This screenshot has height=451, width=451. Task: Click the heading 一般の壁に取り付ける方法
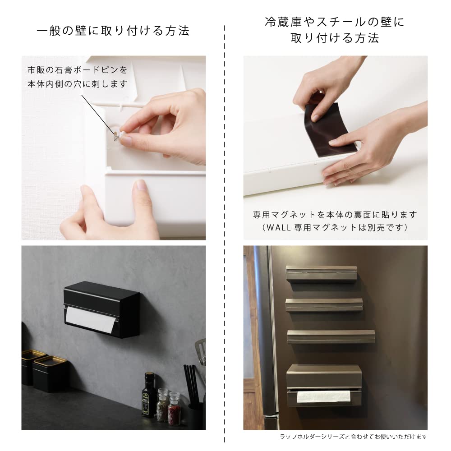[x=113, y=31]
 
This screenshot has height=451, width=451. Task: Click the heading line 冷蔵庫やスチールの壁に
[x=334, y=22]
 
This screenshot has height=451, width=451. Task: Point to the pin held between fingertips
[x=117, y=134]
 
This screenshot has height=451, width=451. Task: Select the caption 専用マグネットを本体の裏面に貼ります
[x=335, y=215]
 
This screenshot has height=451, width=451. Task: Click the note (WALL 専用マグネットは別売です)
[x=335, y=227]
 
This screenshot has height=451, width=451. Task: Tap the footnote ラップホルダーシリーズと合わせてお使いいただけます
[x=353, y=437]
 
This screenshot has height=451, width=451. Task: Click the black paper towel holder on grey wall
[x=101, y=309]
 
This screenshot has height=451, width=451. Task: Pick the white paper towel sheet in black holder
[x=90, y=320]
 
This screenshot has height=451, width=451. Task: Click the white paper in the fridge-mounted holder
[x=323, y=396]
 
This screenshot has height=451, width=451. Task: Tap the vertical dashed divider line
[x=225, y=225]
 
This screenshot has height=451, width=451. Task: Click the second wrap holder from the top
[x=324, y=305]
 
